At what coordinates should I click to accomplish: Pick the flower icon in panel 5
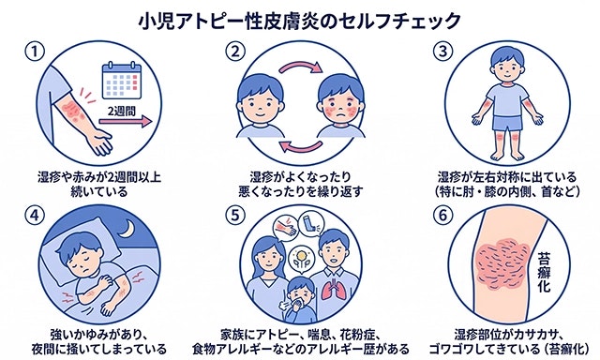(x=299, y=255)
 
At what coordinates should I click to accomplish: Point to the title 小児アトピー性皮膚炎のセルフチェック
(x=300, y=19)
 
